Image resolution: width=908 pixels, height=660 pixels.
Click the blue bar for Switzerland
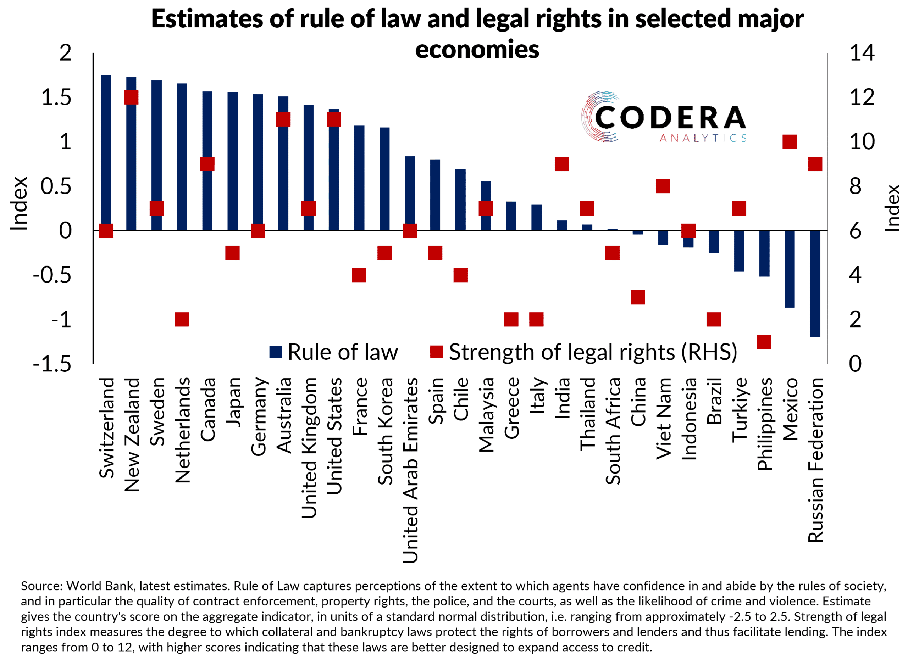pos(106,152)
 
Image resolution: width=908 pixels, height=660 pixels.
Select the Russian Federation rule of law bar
pos(815,283)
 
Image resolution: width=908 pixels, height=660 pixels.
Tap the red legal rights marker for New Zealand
pos(131,97)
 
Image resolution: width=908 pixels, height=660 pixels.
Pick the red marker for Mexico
pos(790,141)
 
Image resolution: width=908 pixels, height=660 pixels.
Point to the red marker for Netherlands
pos(182,320)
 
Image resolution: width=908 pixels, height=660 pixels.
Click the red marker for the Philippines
pos(764,342)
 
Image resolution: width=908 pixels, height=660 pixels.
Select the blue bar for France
pos(359,178)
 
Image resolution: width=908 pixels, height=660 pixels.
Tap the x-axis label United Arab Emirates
pos(410,470)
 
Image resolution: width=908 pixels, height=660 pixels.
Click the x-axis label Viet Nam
pos(663,418)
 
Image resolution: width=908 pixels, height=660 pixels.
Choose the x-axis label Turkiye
pos(740,410)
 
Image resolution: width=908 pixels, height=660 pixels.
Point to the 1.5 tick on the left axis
pos(56,97)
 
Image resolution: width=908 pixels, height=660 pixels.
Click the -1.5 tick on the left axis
pos(52,364)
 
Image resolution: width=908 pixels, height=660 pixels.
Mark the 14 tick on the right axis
pos(862,53)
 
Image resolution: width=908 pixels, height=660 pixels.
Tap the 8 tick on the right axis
pos(856,186)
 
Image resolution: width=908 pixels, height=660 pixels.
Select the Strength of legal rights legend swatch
pos(436,352)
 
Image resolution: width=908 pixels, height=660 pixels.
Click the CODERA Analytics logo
pos(663,117)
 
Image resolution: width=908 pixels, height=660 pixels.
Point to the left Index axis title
pos(19,204)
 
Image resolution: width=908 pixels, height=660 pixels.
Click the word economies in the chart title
pos(477,50)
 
